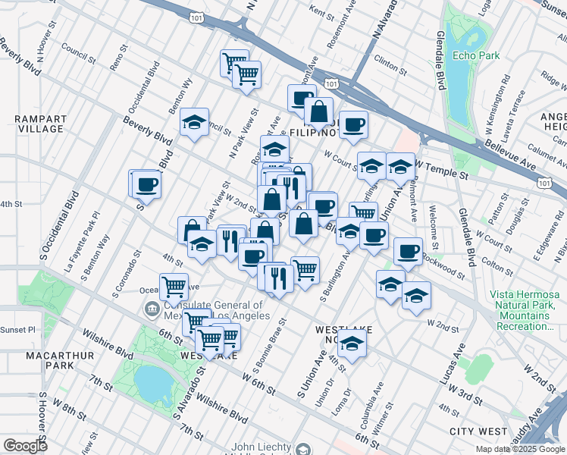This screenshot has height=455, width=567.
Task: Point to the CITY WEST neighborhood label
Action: pos(478,431)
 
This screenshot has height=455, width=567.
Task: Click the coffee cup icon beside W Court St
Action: pos(352,125)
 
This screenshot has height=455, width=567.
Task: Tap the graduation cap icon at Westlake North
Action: pos(351,345)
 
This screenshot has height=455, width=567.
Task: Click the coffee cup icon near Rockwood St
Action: pos(408,251)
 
